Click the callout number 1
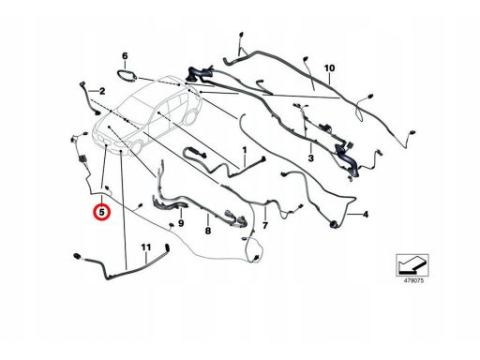(x=245, y=150)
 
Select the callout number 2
(x=102, y=92)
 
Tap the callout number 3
(x=310, y=158)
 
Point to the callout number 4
(x=366, y=215)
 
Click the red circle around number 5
(x=103, y=212)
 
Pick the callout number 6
(x=125, y=56)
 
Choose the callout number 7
(x=265, y=225)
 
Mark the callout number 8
(x=208, y=231)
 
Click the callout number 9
(x=181, y=223)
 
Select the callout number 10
(x=329, y=67)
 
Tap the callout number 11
(x=146, y=247)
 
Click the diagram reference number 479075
(x=412, y=280)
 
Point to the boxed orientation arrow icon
(x=412, y=265)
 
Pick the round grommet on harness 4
(x=333, y=224)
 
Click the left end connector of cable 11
(x=77, y=256)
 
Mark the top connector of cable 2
(x=82, y=83)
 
